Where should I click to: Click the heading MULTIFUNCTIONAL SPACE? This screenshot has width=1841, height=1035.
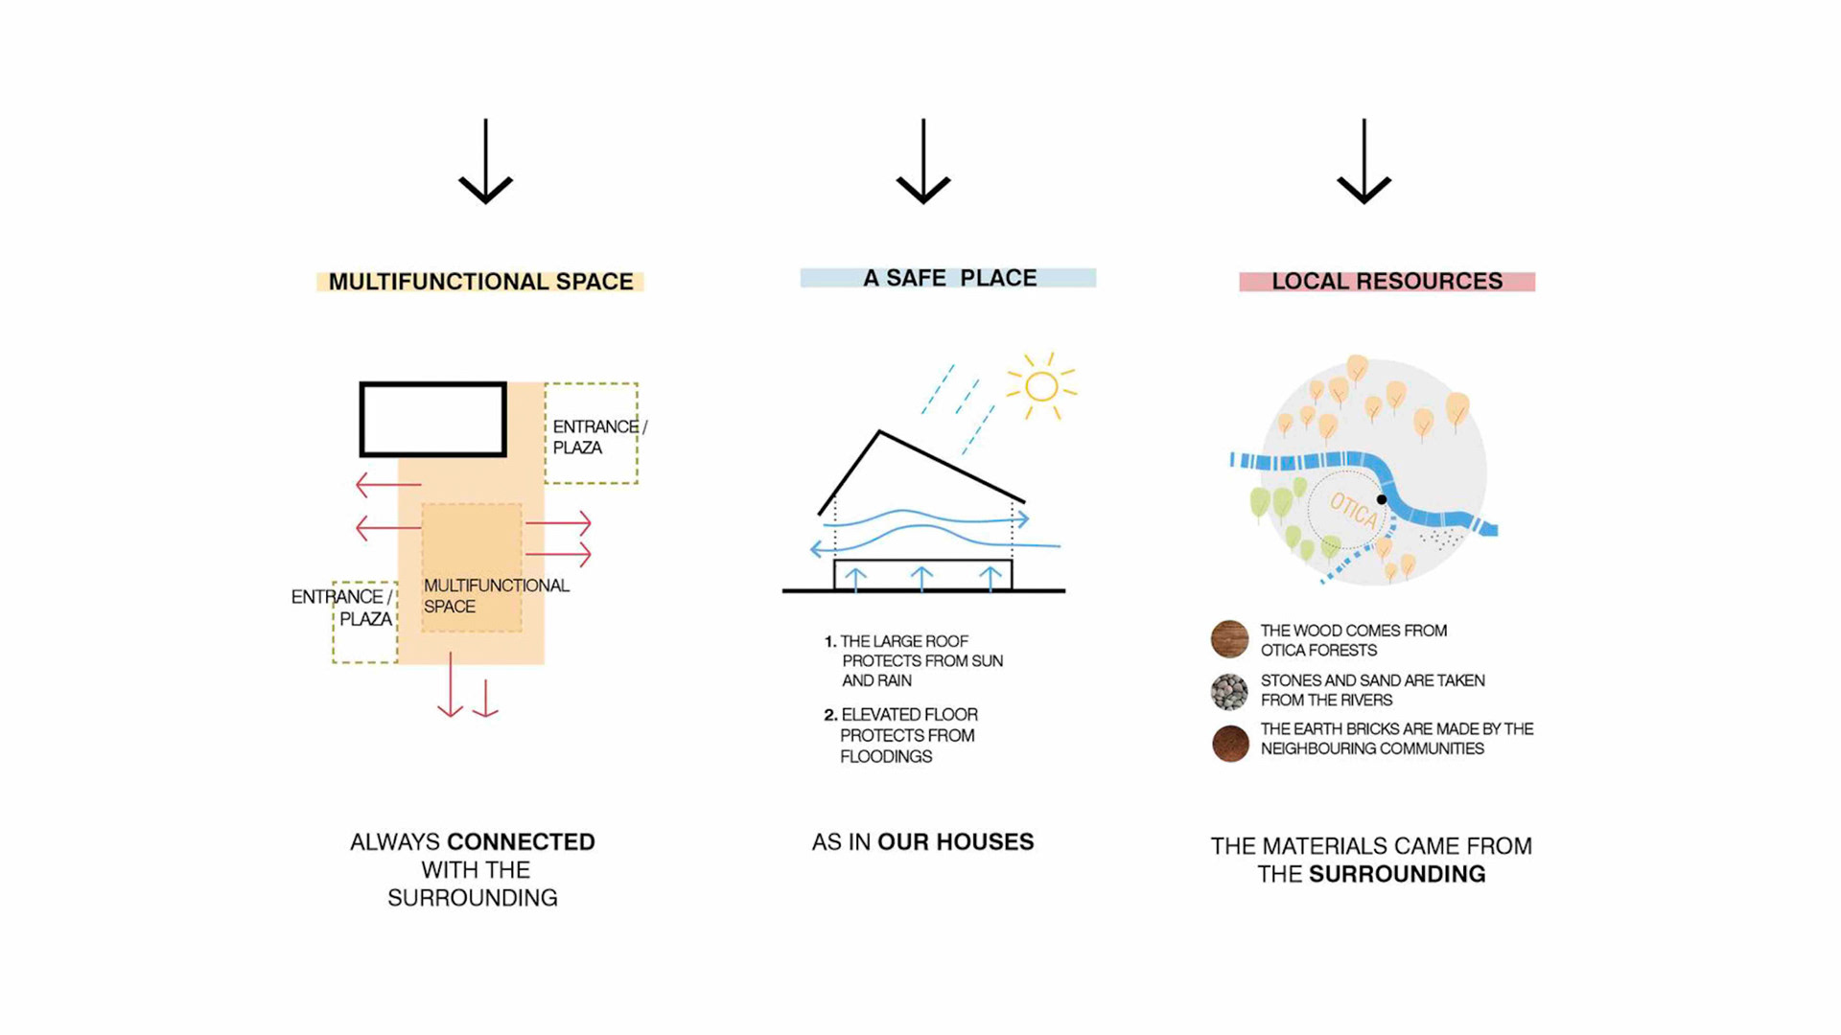(480, 282)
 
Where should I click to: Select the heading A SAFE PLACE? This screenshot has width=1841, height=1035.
(949, 278)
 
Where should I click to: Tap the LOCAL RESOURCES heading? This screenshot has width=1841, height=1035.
(1387, 281)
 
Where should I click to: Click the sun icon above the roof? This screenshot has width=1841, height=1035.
(1041, 386)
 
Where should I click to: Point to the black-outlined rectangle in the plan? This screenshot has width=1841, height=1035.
(433, 419)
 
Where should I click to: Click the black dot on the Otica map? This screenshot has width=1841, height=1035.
(1382, 499)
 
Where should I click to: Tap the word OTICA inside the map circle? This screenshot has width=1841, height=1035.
(1354, 509)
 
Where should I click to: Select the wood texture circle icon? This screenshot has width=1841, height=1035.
(1229, 639)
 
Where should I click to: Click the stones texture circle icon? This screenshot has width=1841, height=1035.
(1229, 691)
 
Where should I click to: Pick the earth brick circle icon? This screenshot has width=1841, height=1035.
(1230, 743)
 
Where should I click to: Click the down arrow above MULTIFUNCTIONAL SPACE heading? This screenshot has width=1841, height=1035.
(486, 163)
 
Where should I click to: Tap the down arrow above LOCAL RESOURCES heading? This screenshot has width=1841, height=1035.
(1363, 163)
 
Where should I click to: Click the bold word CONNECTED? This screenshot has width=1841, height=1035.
(521, 841)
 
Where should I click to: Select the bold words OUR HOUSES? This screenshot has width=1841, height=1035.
(955, 841)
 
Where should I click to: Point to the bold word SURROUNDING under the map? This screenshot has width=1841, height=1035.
(1397, 874)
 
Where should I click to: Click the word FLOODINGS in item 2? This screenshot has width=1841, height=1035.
(886, 756)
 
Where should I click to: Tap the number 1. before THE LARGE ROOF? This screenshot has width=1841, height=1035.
(830, 641)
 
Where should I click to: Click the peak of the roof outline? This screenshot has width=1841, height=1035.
(878, 433)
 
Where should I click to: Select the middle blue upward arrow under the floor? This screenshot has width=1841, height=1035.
(921, 577)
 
